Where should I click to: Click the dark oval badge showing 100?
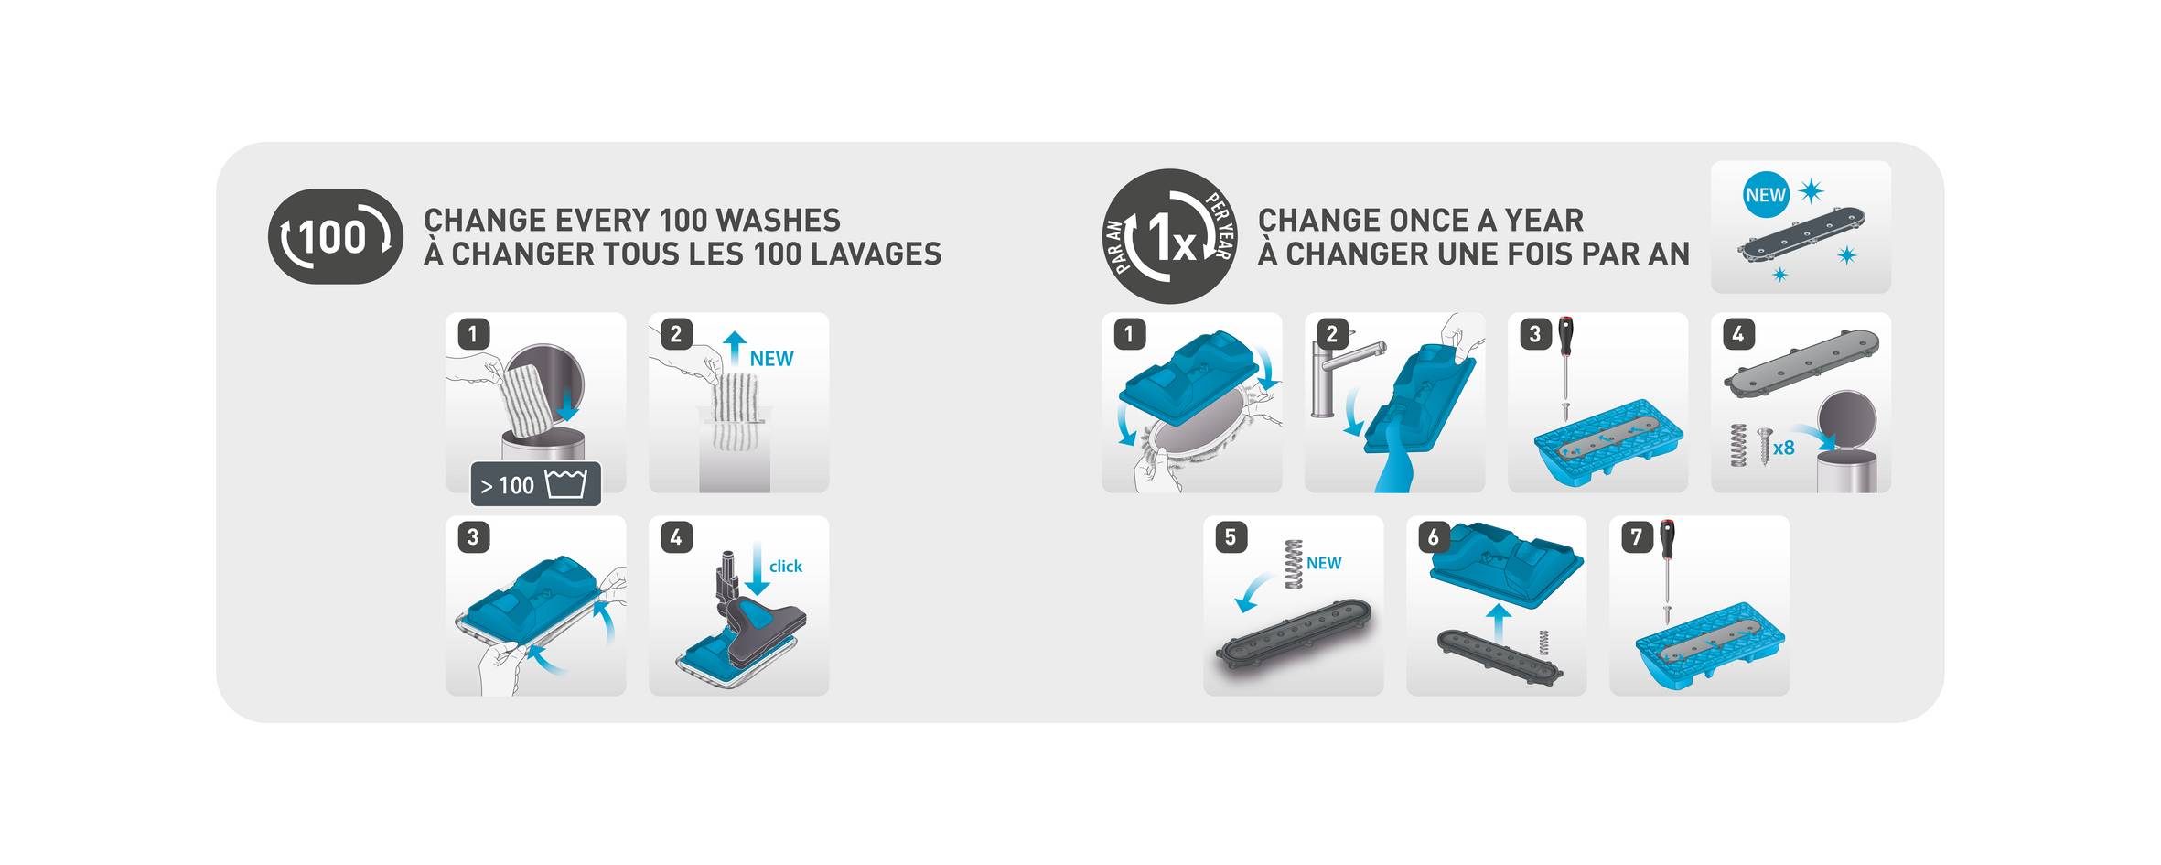click(335, 236)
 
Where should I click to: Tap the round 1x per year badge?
click(1170, 236)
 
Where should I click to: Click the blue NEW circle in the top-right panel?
click(1766, 195)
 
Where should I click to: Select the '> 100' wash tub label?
click(535, 484)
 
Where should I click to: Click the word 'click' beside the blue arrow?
click(786, 567)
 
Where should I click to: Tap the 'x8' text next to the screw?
click(1784, 448)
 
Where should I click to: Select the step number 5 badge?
click(1231, 536)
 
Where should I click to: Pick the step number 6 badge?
click(1434, 536)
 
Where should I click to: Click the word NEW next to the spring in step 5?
click(1324, 563)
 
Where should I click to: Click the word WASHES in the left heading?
click(778, 221)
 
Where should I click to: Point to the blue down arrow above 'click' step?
click(757, 568)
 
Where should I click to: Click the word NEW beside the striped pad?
click(771, 359)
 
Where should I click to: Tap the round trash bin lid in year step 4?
click(1847, 420)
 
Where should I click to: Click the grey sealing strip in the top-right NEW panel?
click(1801, 239)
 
